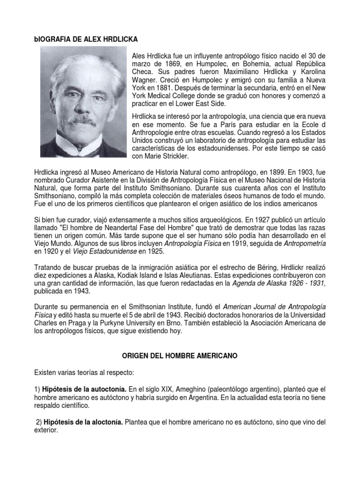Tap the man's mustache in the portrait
click(83, 121)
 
